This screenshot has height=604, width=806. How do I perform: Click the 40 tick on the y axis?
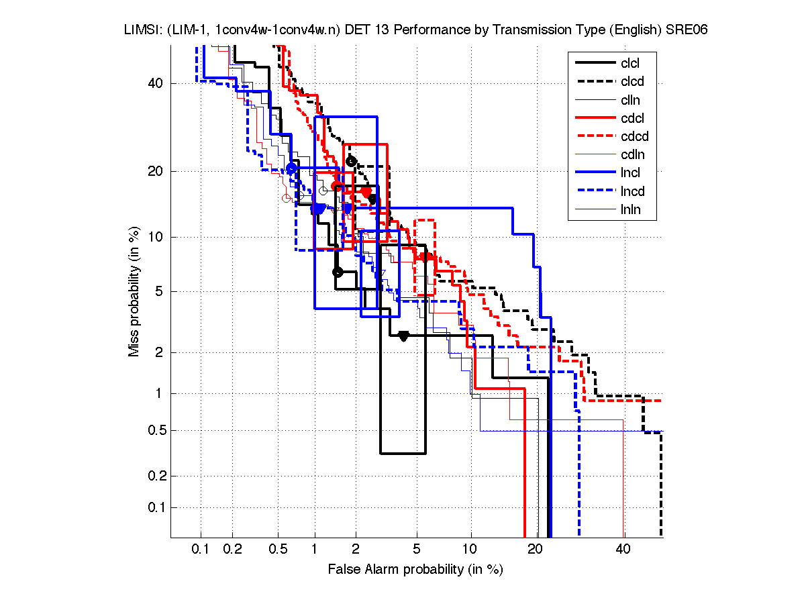156,83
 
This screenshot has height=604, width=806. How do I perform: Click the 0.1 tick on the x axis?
201,549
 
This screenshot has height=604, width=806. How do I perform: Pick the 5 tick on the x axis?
417,549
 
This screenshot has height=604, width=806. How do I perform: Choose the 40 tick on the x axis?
623,549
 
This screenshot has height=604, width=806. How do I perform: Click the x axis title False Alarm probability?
415,569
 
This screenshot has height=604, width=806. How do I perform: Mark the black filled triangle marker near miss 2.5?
403,336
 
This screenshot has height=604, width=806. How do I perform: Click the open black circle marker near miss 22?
351,161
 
